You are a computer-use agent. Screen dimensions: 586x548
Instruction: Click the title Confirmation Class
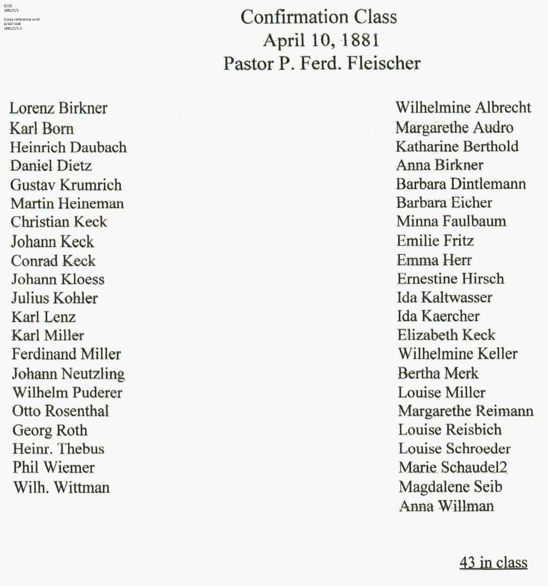[318, 17]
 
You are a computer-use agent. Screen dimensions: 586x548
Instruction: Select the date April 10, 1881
[321, 41]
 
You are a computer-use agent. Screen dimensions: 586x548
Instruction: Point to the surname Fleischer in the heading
[384, 63]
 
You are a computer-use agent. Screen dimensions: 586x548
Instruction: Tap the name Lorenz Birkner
[58, 108]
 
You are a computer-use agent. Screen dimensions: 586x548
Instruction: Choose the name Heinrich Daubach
[68, 147]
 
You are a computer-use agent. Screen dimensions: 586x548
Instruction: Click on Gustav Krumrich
[66, 185]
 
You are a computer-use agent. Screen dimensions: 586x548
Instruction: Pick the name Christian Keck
[59, 222]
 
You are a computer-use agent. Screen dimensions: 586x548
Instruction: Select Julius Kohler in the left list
[54, 298]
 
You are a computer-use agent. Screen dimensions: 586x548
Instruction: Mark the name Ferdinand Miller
[66, 354]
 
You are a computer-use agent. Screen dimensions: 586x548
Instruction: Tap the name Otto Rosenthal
[61, 411]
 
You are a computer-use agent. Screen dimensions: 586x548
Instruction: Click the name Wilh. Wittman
[62, 487]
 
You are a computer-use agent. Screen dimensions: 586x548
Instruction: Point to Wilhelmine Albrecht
[463, 108]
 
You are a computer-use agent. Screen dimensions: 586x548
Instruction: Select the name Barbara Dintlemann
[461, 184]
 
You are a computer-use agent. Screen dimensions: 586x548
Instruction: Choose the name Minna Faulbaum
[451, 221]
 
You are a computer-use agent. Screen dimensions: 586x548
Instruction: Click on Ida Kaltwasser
[445, 298]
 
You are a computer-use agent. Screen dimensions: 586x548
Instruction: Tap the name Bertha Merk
[438, 373]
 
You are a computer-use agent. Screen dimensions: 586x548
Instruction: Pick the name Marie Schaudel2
[453, 467]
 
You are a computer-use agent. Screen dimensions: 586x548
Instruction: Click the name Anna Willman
[446, 506]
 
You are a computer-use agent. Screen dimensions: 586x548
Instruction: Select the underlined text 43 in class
[493, 562]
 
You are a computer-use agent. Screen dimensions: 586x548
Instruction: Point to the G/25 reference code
[8, 6]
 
